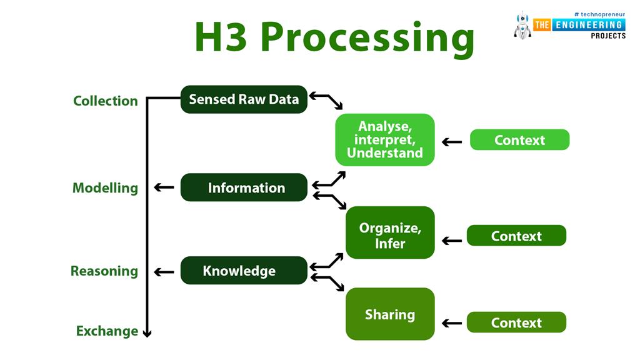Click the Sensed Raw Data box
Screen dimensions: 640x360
pyautogui.click(x=244, y=99)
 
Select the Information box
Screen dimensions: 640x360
pyautogui.click(x=244, y=187)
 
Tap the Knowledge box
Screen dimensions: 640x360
pyautogui.click(x=244, y=270)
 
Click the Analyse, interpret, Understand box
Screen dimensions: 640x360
pyautogui.click(x=385, y=139)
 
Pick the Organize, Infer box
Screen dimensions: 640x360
pyautogui.click(x=390, y=232)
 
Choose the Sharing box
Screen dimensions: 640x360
pyautogui.click(x=390, y=314)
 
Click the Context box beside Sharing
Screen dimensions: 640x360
pyautogui.click(x=516, y=322)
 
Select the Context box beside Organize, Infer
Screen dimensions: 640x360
pyautogui.click(x=516, y=236)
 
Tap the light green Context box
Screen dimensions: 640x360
pyautogui.click(x=519, y=139)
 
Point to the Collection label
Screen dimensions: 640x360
pyautogui.click(x=105, y=101)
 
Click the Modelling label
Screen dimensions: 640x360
pyautogui.click(x=105, y=187)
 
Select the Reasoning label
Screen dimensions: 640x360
pyautogui.click(x=104, y=271)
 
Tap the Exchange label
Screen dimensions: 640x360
pyautogui.click(x=107, y=331)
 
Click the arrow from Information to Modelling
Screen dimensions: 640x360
pyautogui.click(x=164, y=187)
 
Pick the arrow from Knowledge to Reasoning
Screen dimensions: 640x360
pyautogui.click(x=164, y=272)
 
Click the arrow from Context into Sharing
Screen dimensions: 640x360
pyautogui.click(x=452, y=323)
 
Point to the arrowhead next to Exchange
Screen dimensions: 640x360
pyautogui.click(x=147, y=333)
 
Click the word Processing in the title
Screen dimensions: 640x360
pyautogui.click(x=367, y=37)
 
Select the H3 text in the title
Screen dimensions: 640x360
pyautogui.click(x=221, y=37)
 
